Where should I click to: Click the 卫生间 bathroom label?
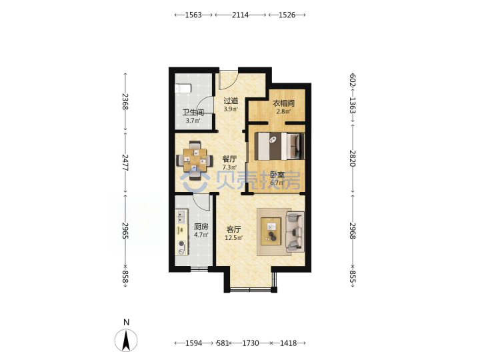(193, 113)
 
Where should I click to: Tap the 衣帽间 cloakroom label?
(283, 103)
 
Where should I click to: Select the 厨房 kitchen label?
(201, 227)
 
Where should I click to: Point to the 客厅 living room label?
(233, 229)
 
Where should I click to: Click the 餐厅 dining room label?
(229, 159)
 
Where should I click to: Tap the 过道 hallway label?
(231, 101)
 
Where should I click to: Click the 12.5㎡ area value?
(234, 238)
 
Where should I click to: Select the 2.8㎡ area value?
(283, 111)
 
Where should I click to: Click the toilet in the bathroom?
(183, 89)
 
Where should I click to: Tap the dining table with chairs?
(195, 160)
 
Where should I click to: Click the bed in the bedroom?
(279, 146)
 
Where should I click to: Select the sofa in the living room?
(295, 232)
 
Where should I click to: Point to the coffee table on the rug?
(271, 231)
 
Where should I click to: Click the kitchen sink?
(181, 215)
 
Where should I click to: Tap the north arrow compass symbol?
(126, 340)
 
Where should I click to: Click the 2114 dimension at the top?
(240, 15)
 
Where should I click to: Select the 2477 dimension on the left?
(125, 163)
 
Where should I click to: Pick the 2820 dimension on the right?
(353, 158)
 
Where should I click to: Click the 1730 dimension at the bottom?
(251, 343)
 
